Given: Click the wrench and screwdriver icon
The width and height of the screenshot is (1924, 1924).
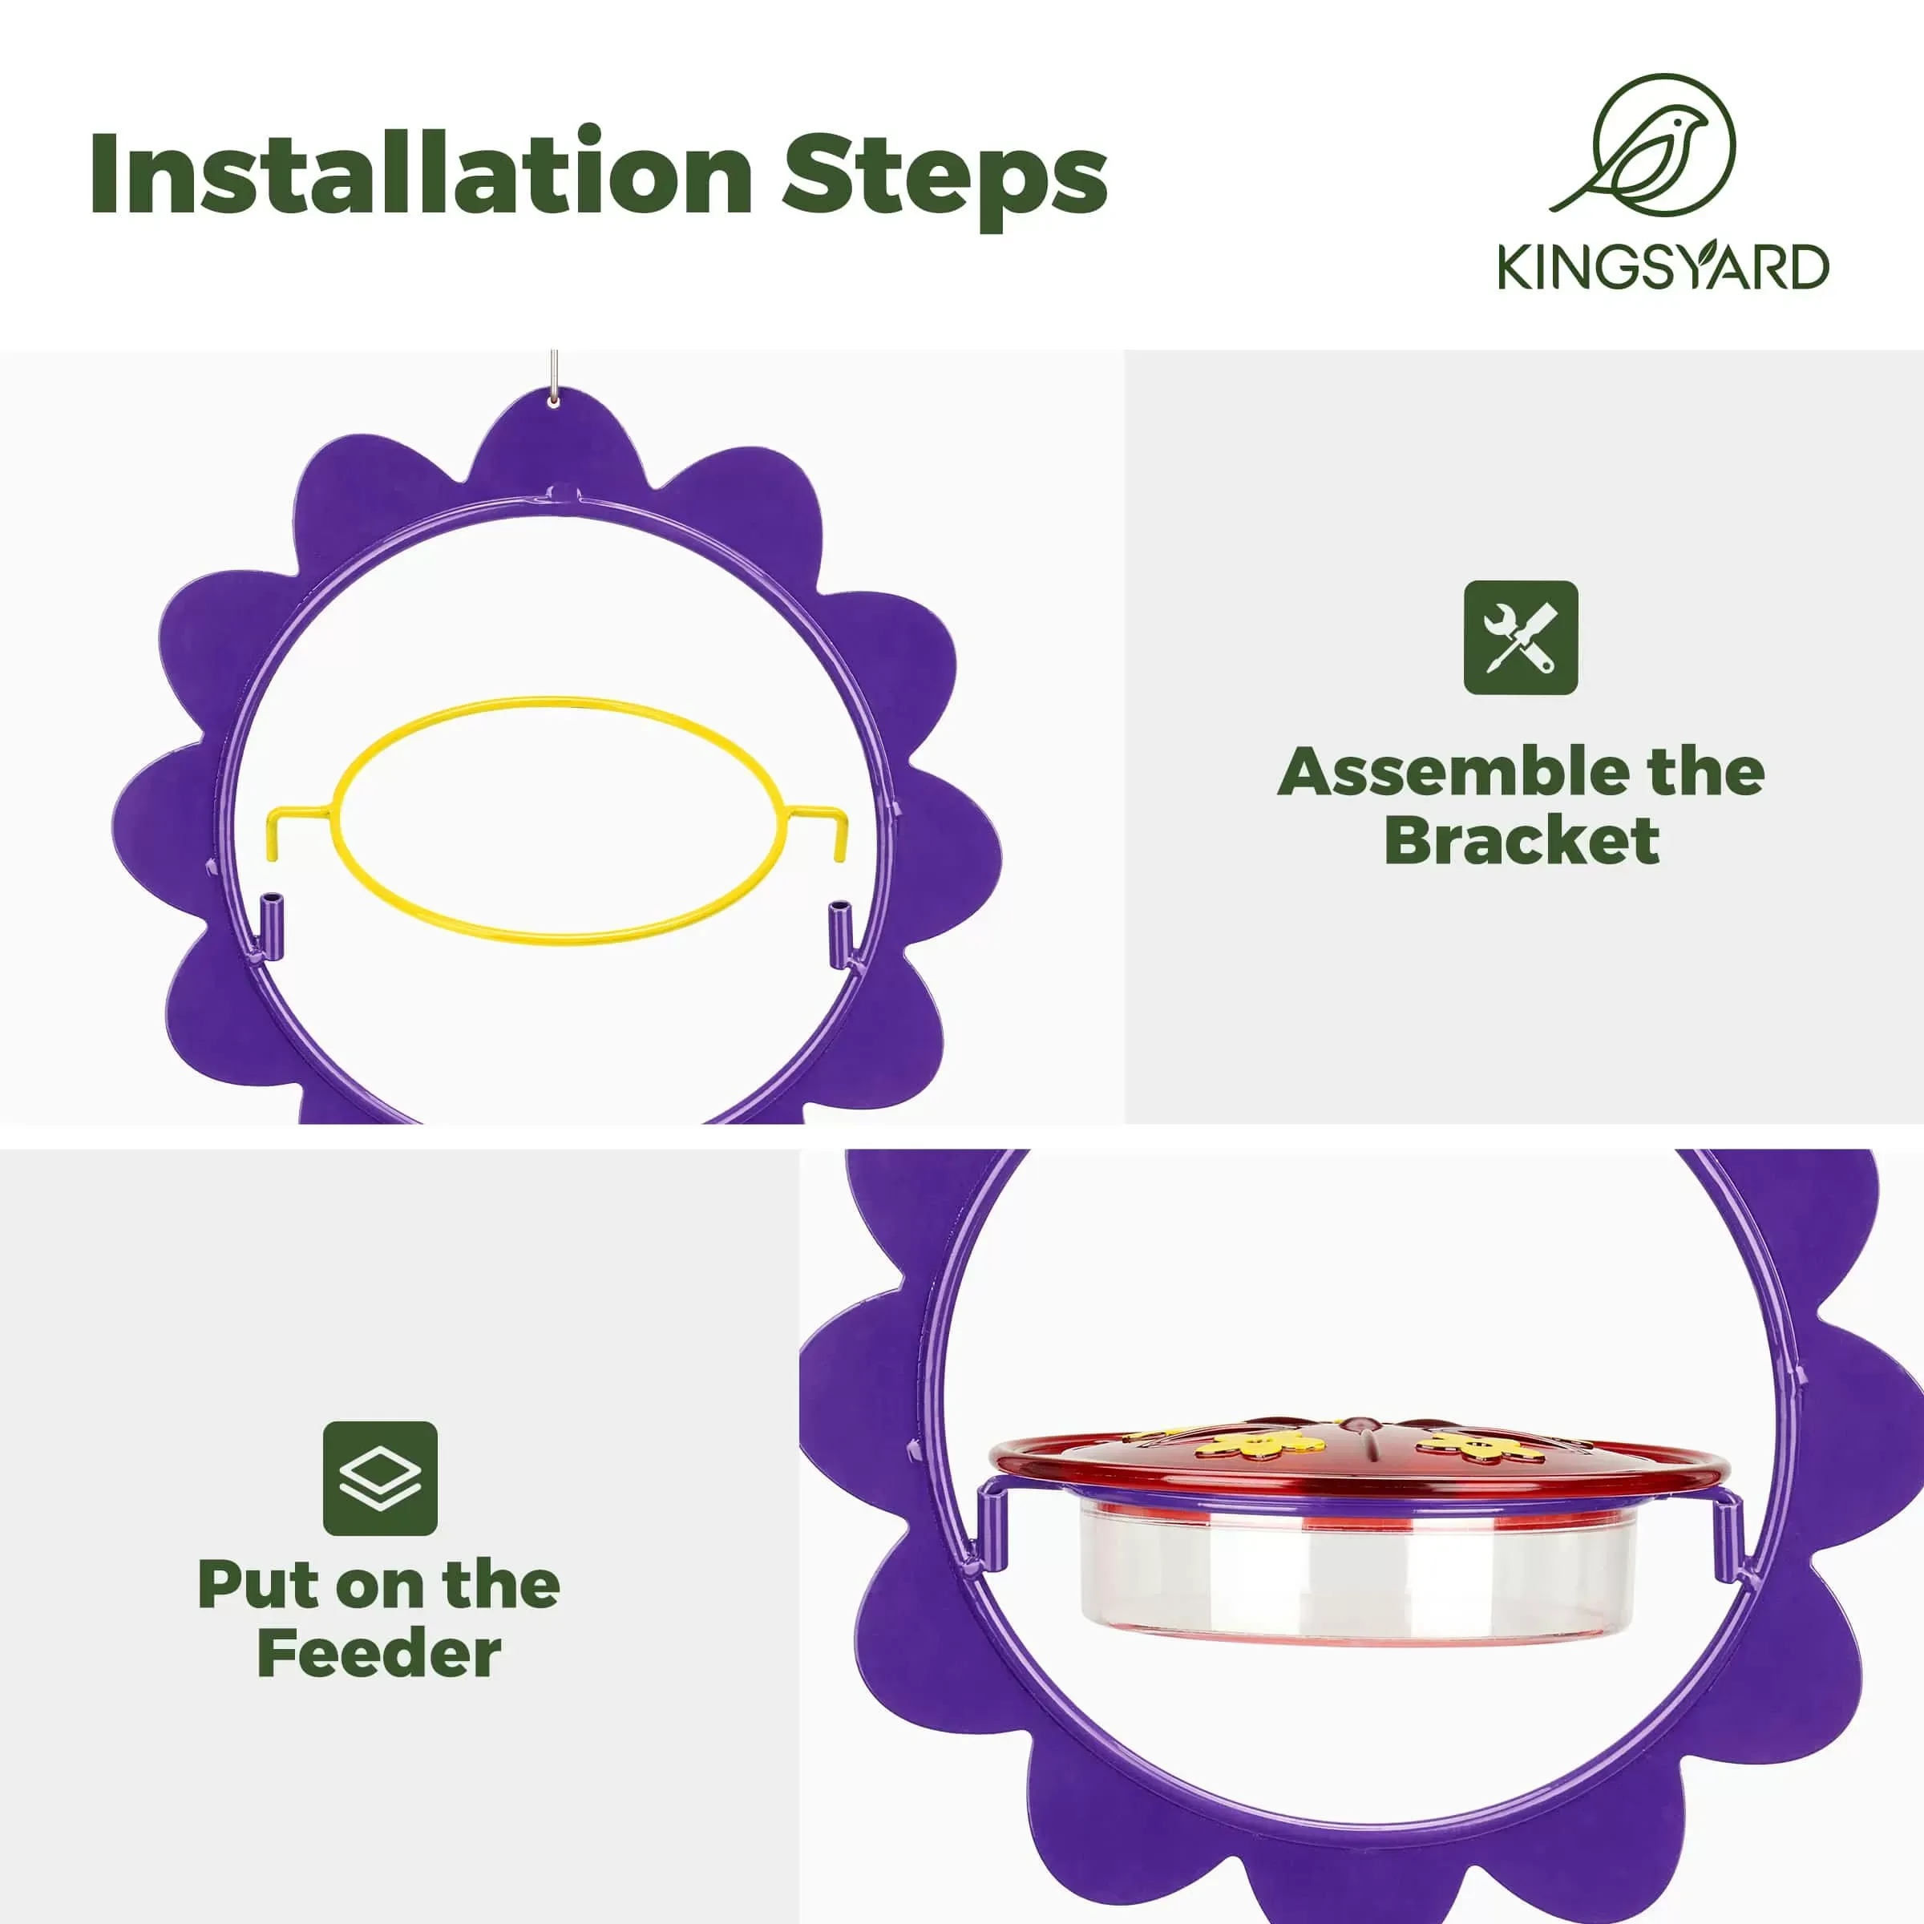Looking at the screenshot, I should coord(1520,637).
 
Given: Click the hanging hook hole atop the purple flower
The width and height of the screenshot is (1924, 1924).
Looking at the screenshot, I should coord(554,400).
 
